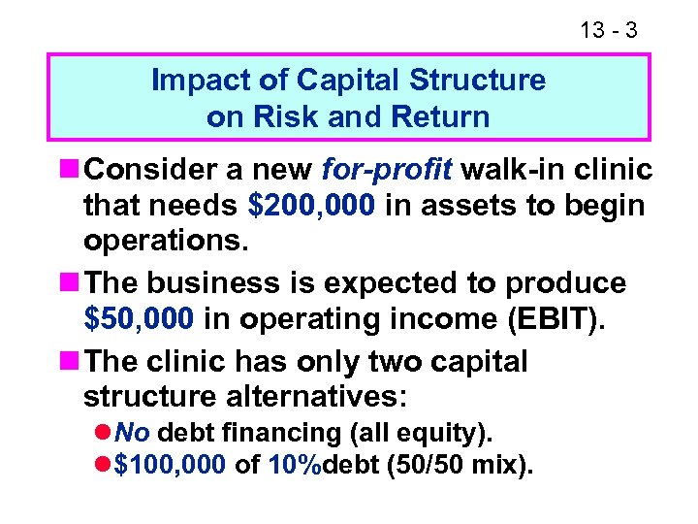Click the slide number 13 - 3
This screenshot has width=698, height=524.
point(608,30)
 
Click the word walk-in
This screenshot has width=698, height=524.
point(513,171)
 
